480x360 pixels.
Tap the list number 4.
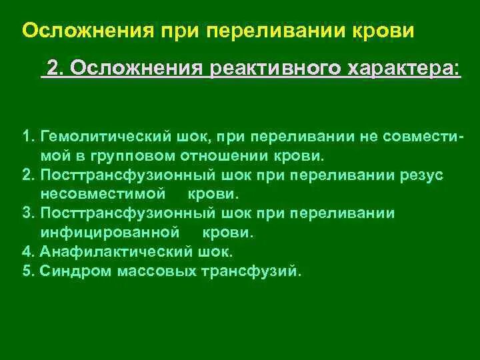tap(26, 253)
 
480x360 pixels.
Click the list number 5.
tap(26, 271)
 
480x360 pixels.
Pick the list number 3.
tap(26, 214)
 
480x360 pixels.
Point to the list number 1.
tap(26, 137)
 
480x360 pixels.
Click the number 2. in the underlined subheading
tap(55, 69)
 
